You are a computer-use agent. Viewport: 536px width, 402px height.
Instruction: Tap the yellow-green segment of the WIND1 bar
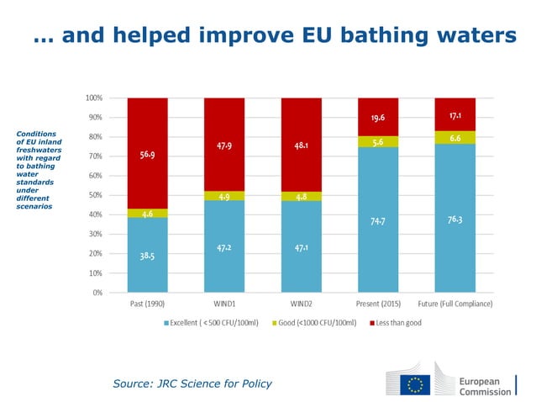pyautogui.click(x=224, y=196)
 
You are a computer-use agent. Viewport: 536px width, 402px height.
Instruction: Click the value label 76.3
pyautogui.click(x=455, y=220)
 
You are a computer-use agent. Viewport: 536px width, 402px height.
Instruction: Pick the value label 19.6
pyautogui.click(x=378, y=117)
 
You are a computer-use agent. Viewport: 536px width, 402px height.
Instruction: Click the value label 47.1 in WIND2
pyautogui.click(x=301, y=248)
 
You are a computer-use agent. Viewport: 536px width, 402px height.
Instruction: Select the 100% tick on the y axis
pyautogui.click(x=94, y=98)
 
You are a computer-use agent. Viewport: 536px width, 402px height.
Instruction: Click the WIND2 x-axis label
pyautogui.click(x=301, y=304)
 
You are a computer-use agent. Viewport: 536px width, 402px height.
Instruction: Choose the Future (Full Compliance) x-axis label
pyautogui.click(x=455, y=304)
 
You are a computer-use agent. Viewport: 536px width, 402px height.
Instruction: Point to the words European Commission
pyautogui.click(x=485, y=385)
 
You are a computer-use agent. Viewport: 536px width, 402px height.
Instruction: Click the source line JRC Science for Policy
pyautogui.click(x=192, y=383)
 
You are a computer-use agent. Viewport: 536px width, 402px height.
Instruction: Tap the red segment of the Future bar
pyautogui.click(x=455, y=114)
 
